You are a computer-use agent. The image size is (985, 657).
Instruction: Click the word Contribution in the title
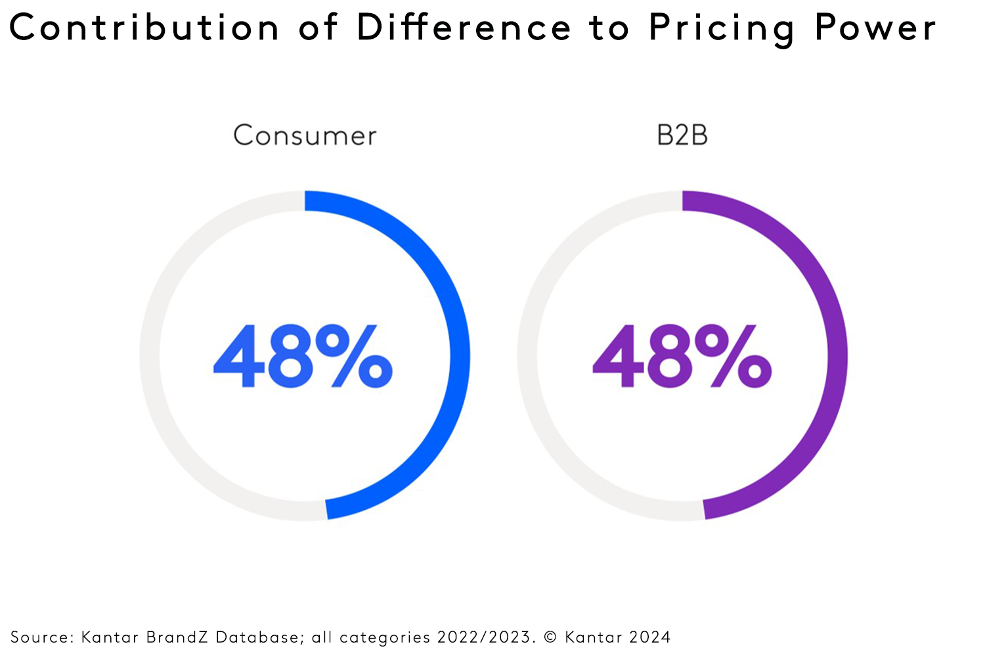coord(144,28)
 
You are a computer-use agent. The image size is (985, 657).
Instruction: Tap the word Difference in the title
coord(464,28)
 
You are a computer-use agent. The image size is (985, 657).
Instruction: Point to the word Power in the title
coord(875,28)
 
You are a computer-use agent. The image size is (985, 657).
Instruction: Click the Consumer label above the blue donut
coord(305,136)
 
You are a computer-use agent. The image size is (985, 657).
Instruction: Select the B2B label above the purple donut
coord(682,135)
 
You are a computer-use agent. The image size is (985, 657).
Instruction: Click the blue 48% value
coord(303,356)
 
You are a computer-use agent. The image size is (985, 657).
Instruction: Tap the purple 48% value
coord(682,356)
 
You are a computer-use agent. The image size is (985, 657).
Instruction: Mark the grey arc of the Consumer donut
coord(150,355)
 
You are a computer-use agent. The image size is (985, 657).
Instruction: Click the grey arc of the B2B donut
coord(527,355)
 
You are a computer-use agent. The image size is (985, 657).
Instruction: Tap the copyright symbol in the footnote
coord(550,637)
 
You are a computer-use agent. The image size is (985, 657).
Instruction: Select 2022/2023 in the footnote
coord(483,637)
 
